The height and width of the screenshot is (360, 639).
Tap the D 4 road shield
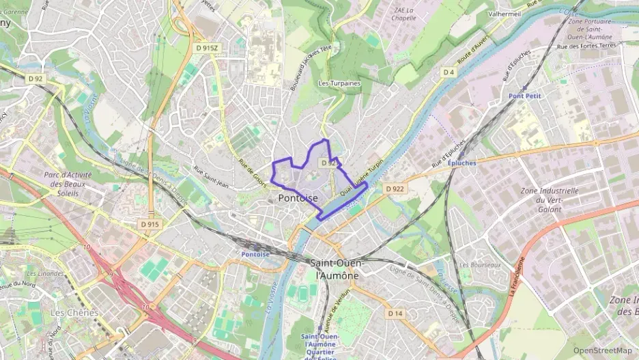[x=448, y=72]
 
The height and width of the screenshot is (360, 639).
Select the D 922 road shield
[x=395, y=189]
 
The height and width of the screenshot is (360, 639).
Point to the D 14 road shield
[x=395, y=313]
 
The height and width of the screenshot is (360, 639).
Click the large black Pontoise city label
[x=298, y=197]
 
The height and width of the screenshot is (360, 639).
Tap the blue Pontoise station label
[x=255, y=254]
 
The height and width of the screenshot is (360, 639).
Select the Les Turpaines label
[x=339, y=83]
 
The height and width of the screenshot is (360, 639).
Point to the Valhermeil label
[x=505, y=13]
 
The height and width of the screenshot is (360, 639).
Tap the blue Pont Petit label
[x=524, y=96]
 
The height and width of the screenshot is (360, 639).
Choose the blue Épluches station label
[x=463, y=163]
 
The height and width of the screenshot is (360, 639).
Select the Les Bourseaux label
[x=480, y=264]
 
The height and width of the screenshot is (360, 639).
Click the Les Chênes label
[x=74, y=312]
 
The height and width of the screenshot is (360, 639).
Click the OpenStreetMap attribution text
[x=602, y=350]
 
